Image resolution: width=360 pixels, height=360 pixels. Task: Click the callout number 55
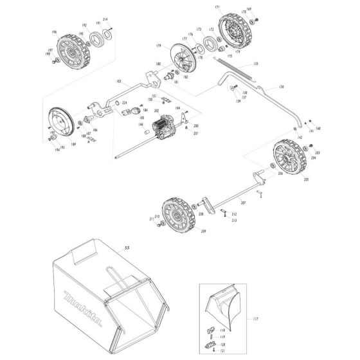127,248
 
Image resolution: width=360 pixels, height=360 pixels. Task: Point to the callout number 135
255,64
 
